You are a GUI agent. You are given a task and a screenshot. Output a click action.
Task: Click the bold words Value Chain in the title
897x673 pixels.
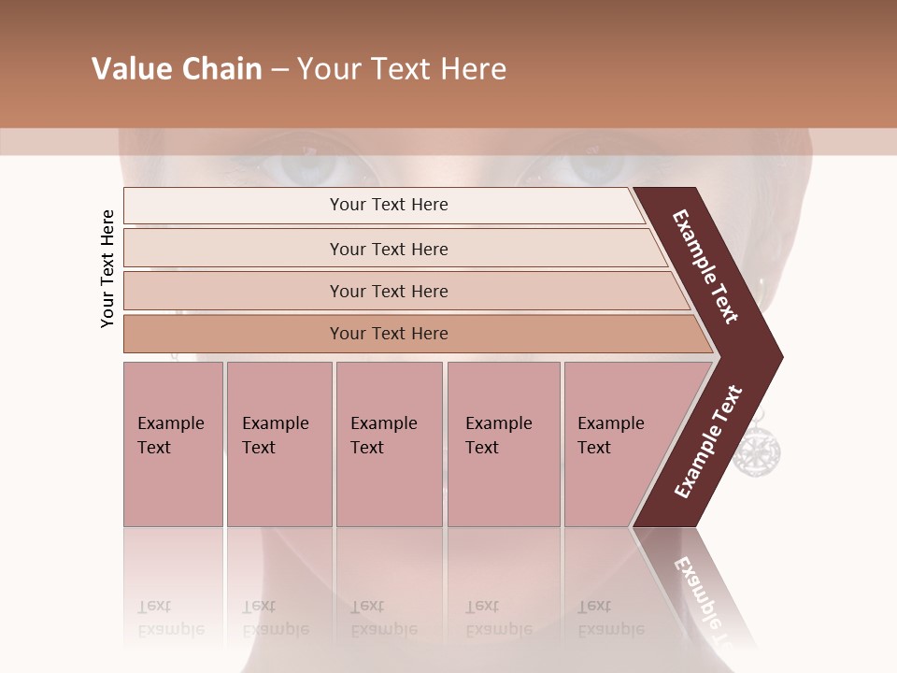click(x=177, y=69)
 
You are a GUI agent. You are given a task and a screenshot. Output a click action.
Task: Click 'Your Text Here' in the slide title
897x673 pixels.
click(x=402, y=69)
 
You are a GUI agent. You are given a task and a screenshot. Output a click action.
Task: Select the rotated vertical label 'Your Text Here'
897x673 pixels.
click(x=107, y=268)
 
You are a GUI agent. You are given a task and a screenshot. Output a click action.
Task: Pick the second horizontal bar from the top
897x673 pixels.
click(x=389, y=249)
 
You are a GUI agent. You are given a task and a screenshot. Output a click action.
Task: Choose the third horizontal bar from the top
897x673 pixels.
click(x=389, y=291)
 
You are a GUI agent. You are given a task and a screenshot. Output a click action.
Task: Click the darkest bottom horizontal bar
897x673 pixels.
click(x=389, y=334)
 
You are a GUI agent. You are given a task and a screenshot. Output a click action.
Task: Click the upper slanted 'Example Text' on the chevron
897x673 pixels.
click(x=705, y=266)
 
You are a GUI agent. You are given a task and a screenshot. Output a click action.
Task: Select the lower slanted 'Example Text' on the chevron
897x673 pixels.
click(x=708, y=441)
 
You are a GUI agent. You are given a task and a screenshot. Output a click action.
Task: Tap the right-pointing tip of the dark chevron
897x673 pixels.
click(x=778, y=356)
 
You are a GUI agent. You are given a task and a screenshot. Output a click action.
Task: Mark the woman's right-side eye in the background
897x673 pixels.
click(x=584, y=166)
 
